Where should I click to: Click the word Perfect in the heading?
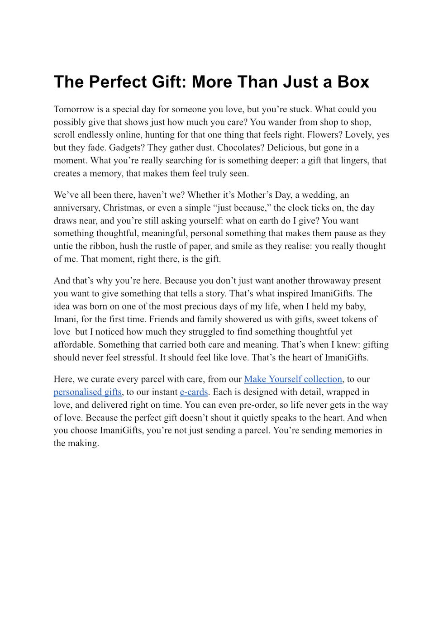(117, 82)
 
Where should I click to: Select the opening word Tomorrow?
(74, 109)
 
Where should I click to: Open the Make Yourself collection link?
(293, 379)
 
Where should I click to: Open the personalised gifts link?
(88, 392)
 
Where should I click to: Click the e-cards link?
(194, 392)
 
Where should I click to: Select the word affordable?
(74, 345)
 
